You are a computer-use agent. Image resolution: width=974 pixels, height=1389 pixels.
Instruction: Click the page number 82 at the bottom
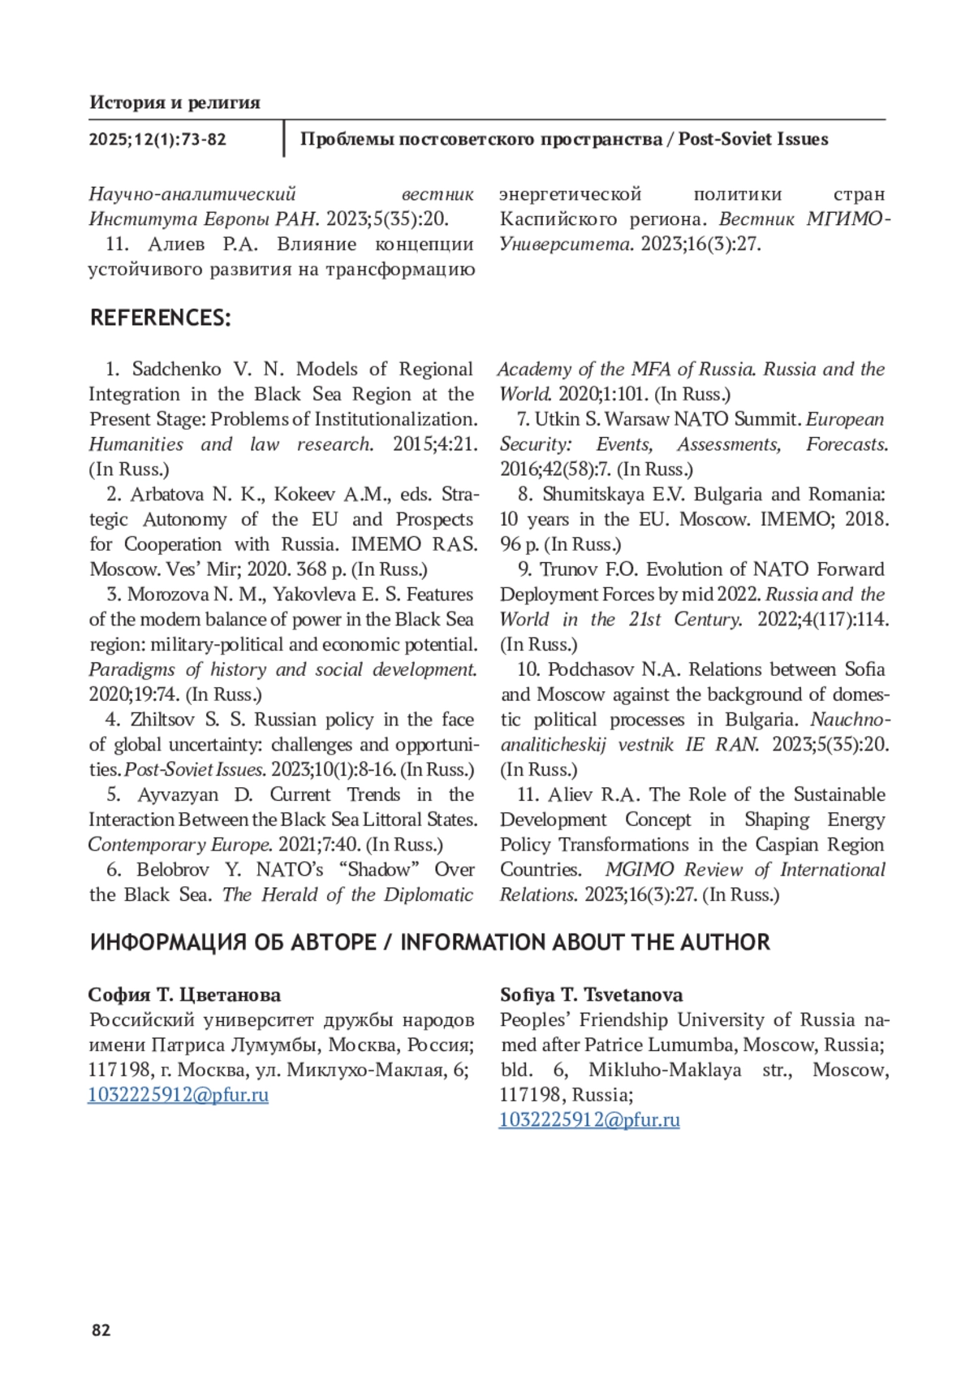tap(101, 1330)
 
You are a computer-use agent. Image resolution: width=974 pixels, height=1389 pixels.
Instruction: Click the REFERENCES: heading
tap(160, 318)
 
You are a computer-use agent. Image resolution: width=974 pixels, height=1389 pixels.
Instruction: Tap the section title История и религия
tap(175, 102)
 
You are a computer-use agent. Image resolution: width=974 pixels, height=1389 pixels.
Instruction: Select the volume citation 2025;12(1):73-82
tap(157, 139)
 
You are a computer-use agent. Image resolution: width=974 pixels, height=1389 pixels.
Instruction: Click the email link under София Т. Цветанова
tap(178, 1094)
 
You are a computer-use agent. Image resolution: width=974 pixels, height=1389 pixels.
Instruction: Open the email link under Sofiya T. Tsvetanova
tap(589, 1119)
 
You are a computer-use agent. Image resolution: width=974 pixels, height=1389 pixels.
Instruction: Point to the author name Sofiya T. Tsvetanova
tap(591, 994)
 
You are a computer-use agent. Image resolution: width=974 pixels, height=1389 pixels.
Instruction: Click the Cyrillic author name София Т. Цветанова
tap(184, 994)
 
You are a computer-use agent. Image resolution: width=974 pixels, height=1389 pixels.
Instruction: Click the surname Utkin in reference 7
tap(557, 419)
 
